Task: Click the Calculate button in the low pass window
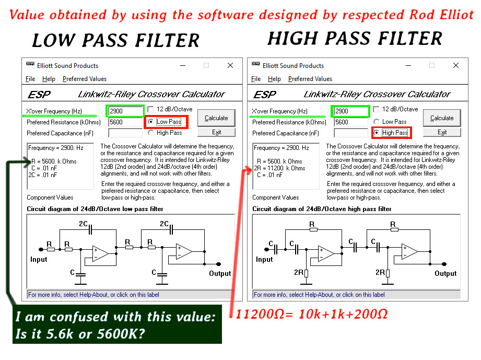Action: tap(216, 118)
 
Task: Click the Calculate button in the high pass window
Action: tap(442, 118)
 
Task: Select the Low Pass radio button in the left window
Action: tap(150, 122)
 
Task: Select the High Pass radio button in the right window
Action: tap(377, 133)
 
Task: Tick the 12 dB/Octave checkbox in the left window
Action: tap(150, 109)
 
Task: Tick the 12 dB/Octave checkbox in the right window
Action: tap(377, 109)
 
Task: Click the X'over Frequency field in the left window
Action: tap(125, 111)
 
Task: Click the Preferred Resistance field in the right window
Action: tap(351, 122)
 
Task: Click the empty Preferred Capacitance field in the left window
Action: tap(125, 133)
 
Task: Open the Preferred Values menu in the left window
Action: tap(85, 79)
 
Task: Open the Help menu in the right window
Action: tap(274, 79)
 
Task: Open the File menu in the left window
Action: tap(30, 79)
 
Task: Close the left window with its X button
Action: tap(230, 65)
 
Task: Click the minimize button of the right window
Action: tap(408, 65)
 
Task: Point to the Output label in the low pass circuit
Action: tap(220, 273)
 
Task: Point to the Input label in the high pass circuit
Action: tap(264, 259)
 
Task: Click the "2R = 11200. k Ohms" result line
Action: tap(279, 168)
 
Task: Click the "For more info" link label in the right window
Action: tap(319, 295)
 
